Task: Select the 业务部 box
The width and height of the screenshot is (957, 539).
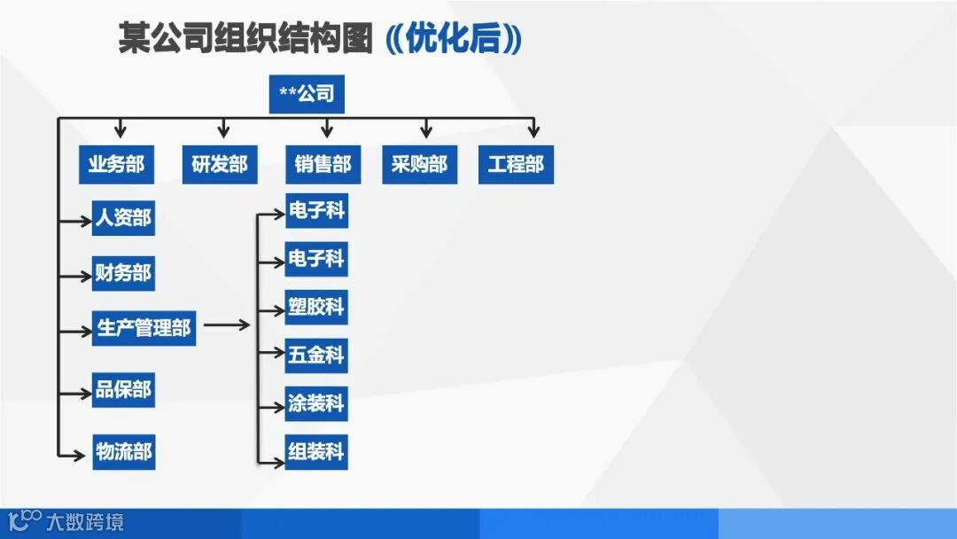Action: click(x=115, y=165)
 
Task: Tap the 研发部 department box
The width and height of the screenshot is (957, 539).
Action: click(x=219, y=165)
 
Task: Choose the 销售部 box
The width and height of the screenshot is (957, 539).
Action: click(x=323, y=165)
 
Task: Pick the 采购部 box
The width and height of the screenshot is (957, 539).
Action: click(x=419, y=165)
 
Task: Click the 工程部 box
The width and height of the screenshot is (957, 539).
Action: click(x=516, y=165)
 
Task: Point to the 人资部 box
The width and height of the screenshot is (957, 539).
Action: click(x=123, y=218)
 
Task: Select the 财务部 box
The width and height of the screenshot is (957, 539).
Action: click(x=123, y=273)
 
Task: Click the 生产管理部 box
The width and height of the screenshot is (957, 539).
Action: click(x=144, y=328)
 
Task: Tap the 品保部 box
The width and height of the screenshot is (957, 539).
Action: click(x=123, y=390)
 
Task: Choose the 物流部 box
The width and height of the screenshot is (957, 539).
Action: click(x=123, y=452)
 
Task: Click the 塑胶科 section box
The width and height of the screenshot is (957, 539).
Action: click(x=316, y=308)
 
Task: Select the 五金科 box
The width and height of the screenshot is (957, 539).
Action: click(x=316, y=355)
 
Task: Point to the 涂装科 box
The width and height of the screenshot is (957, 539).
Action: click(x=316, y=404)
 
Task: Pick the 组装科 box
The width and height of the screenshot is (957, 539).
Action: click(x=316, y=452)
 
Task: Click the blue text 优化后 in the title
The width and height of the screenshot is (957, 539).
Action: click(x=455, y=39)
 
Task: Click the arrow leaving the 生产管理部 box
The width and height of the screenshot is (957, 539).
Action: click(x=227, y=325)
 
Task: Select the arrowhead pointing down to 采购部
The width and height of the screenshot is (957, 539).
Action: click(x=426, y=132)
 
